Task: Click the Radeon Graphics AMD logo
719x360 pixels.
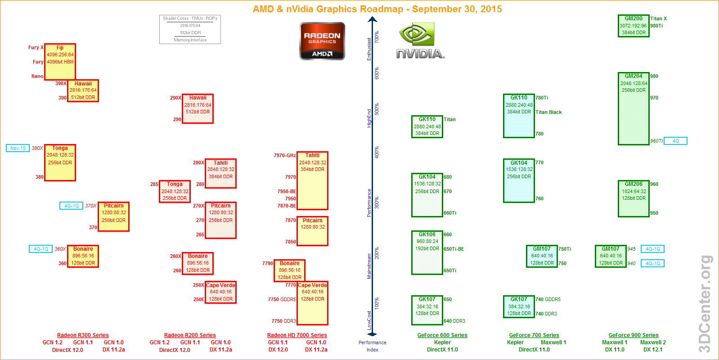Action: point(322,41)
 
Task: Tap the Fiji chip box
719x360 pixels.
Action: point(60,62)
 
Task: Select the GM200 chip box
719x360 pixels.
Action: point(634,26)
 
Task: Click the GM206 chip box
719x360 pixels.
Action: point(634,198)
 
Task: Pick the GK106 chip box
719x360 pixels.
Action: point(427,252)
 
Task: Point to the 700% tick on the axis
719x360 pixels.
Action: point(377,37)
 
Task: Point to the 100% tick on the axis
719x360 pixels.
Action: point(377,303)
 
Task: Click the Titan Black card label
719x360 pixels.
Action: point(548,112)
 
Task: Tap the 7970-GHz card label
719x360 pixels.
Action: point(285,155)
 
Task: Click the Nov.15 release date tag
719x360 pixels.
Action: point(18,148)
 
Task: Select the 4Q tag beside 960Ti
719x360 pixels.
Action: point(675,141)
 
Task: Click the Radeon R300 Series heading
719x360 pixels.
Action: point(83,335)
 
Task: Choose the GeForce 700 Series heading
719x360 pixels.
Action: point(534,335)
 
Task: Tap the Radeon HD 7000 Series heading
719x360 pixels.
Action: point(297,335)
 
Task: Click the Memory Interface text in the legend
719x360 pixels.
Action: point(190,40)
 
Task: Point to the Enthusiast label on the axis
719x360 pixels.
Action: point(369,49)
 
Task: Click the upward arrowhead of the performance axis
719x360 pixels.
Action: point(373,19)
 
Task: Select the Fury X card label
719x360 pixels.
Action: point(36,47)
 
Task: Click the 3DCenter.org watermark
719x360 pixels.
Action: point(706,304)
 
